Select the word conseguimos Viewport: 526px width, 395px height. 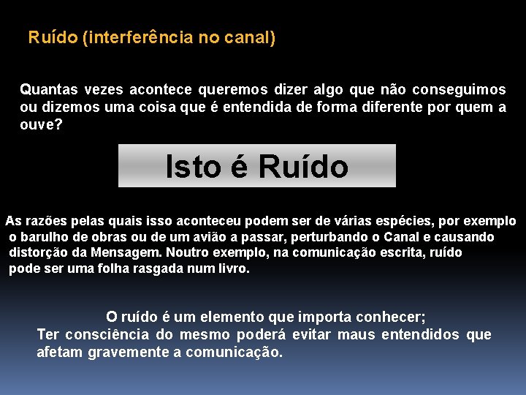pos(459,90)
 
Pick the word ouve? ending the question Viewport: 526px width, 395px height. pos(41,124)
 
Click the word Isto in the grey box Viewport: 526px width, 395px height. pos(191,166)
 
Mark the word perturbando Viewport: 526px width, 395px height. pos(334,237)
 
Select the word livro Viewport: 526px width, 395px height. pos(233,269)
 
